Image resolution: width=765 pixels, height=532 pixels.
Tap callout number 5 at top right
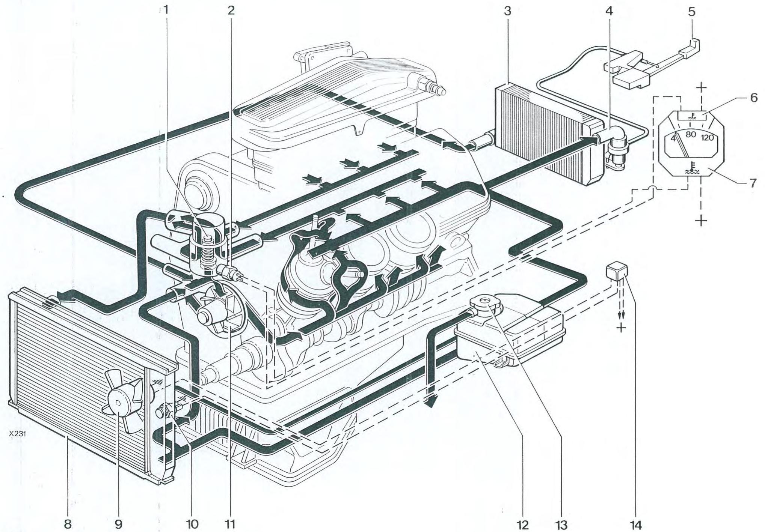[691, 12]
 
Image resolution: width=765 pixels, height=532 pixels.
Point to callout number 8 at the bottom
[68, 524]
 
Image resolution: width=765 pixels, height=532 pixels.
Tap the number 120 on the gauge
[707, 138]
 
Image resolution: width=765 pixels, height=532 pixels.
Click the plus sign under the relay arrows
[622, 328]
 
